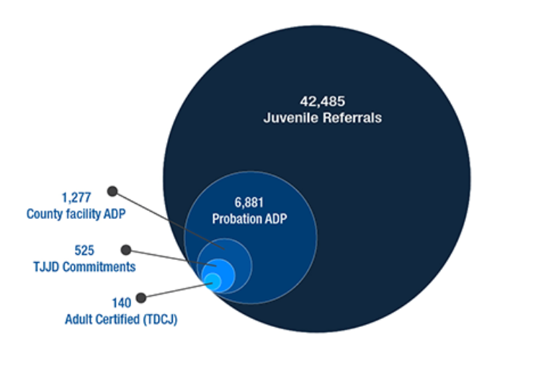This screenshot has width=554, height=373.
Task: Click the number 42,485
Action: coord(322,102)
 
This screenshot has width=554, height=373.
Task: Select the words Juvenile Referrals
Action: coord(323,117)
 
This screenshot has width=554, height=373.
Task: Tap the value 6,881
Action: coord(249,203)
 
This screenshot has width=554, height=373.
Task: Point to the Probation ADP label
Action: coord(249,219)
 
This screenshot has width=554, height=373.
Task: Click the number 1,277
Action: coord(76,197)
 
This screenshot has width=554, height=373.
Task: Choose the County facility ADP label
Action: coord(76,214)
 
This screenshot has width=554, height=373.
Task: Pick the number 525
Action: coord(84,251)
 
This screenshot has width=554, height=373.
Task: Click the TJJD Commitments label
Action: coord(84,266)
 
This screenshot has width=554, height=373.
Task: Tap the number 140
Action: coord(122,302)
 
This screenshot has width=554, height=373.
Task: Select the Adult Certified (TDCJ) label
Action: coord(121,319)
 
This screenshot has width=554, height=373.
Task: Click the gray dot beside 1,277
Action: coord(112,191)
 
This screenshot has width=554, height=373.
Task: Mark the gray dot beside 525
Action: coord(126,250)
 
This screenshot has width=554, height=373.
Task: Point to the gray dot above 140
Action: coord(141,298)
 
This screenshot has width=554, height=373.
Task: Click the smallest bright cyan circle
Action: coord(213,282)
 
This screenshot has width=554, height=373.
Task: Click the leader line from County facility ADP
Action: coord(169,220)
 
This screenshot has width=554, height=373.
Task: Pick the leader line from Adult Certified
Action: coord(177,290)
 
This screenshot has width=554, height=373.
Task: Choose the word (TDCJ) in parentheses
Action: coord(160,319)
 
